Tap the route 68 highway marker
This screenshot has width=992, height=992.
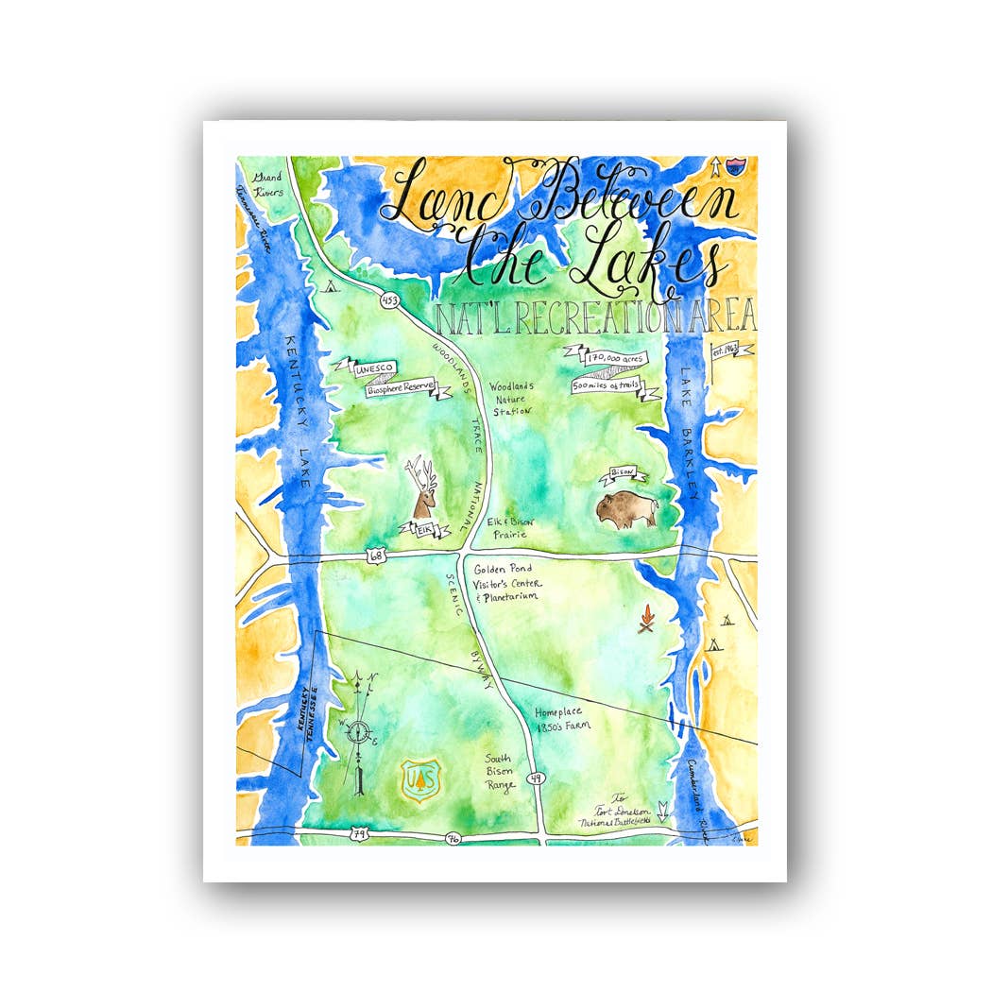376,558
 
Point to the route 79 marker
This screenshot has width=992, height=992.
359,833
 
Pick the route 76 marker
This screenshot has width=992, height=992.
454,838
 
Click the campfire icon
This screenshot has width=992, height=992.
646,621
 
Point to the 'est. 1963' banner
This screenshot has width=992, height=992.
731,351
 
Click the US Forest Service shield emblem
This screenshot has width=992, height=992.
419,779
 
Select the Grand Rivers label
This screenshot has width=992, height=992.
267,183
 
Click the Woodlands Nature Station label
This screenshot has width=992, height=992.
511,399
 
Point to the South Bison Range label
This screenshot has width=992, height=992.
499,772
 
